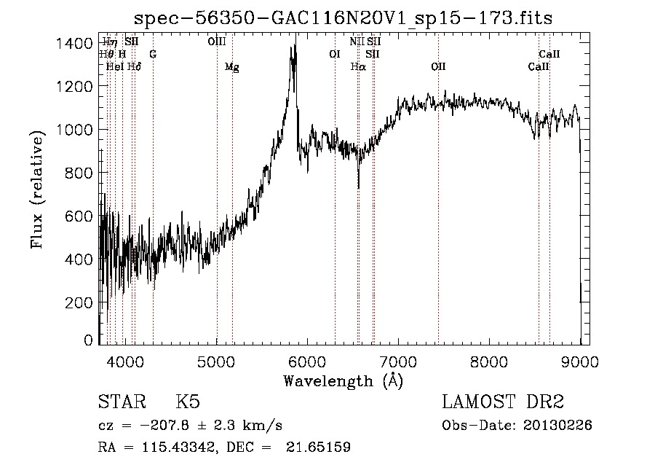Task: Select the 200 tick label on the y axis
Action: (79, 302)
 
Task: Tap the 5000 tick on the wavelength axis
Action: (217, 361)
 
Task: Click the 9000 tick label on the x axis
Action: (580, 361)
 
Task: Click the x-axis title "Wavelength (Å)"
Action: (343, 380)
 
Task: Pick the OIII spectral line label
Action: (216, 42)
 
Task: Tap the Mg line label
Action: (231, 67)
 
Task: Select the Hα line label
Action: (357, 67)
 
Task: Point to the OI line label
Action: (335, 54)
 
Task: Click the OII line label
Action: (437, 67)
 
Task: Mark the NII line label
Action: (357, 42)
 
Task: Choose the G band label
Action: (153, 54)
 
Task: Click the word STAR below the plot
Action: (120, 403)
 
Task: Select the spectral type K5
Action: (188, 403)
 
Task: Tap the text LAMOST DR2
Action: (503, 403)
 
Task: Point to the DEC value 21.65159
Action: (318, 447)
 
